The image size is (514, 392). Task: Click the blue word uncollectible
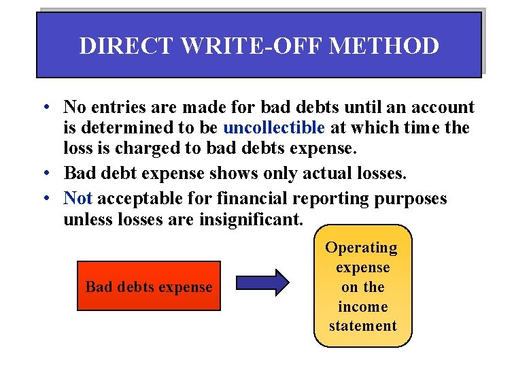(x=274, y=127)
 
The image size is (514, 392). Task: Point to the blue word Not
(x=78, y=198)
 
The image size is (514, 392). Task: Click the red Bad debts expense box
(x=149, y=287)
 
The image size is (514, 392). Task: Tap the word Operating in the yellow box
(x=362, y=248)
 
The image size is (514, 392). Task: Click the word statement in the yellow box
(x=362, y=326)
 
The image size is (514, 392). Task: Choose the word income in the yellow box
(x=362, y=306)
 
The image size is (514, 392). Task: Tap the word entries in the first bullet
(x=118, y=107)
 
